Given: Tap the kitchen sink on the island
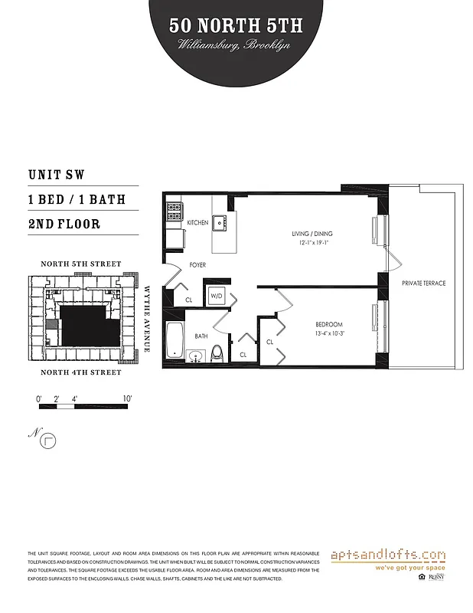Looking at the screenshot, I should pyautogui.click(x=220, y=221).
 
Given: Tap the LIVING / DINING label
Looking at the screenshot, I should pyautogui.click(x=312, y=234).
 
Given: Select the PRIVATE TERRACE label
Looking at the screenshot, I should pyautogui.click(x=423, y=284).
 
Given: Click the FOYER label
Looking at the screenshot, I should pyautogui.click(x=197, y=265).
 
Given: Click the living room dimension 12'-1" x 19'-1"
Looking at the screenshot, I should pyautogui.click(x=312, y=243).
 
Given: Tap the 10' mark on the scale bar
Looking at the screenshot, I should pyautogui.click(x=127, y=398).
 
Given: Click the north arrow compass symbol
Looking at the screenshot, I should pyautogui.click(x=51, y=440).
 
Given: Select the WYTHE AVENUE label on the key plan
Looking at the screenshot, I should pyautogui.click(x=146, y=320).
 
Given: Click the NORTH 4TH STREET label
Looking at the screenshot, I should pyautogui.click(x=81, y=372).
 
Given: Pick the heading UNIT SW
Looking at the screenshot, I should pyautogui.click(x=67, y=175).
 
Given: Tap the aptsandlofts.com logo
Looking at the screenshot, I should pyautogui.click(x=389, y=555).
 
